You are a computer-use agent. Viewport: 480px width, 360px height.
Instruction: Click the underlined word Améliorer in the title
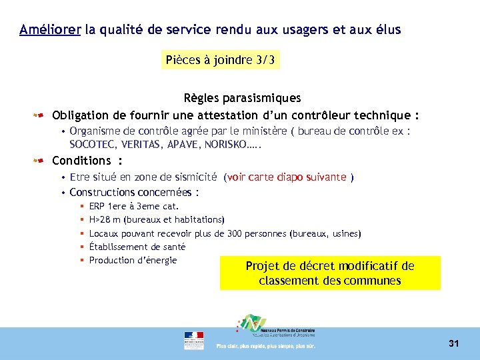[x=50, y=30]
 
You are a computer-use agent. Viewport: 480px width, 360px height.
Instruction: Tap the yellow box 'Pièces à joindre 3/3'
[x=220, y=61]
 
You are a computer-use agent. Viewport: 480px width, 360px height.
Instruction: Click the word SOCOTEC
[x=91, y=144]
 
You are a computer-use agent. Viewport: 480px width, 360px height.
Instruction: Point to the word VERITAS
[x=141, y=144]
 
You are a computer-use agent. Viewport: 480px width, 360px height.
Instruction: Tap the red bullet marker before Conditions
[x=40, y=161]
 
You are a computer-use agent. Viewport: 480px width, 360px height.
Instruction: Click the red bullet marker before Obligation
[x=40, y=115]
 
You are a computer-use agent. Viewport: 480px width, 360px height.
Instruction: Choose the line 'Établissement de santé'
[x=137, y=247]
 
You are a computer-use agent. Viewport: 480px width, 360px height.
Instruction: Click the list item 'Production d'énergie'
[x=133, y=260]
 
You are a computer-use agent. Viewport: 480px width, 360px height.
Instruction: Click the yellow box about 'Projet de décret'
[x=330, y=273]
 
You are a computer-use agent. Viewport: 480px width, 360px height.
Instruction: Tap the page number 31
[x=454, y=343]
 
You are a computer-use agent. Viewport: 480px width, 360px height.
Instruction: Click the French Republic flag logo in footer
[x=194, y=340]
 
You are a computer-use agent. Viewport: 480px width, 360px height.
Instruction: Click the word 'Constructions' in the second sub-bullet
[x=101, y=193]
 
